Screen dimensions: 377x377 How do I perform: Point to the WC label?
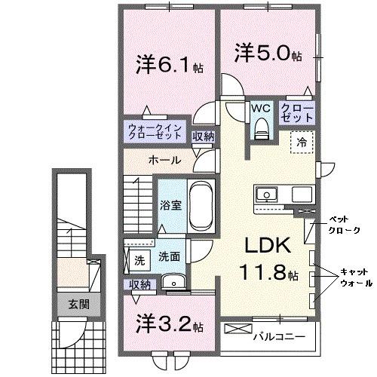(x=261, y=108)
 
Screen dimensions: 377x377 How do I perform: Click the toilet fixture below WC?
(x=261, y=129)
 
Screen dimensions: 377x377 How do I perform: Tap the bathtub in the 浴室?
(x=200, y=205)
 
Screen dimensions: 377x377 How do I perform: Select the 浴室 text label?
(x=168, y=204)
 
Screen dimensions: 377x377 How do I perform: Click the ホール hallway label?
(x=163, y=160)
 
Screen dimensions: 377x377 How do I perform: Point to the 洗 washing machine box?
(x=139, y=260)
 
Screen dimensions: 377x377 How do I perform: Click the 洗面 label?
(x=169, y=257)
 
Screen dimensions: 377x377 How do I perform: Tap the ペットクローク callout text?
(x=339, y=224)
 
